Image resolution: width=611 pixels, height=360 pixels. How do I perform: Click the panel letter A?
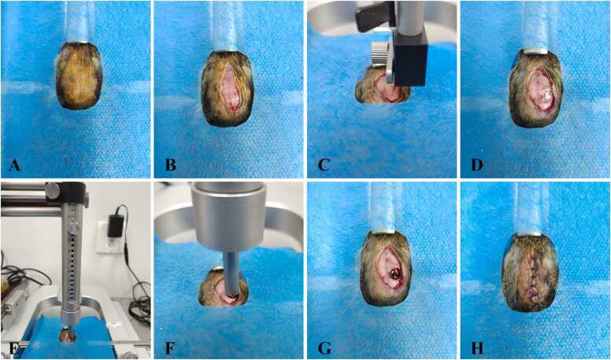14,165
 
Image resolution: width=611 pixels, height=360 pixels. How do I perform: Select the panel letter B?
170,165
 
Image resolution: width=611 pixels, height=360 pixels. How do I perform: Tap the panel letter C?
324,165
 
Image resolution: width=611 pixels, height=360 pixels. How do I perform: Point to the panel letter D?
477,165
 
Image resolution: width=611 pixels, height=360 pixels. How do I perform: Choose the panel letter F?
170,348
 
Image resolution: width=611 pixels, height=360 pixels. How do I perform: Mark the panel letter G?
324,348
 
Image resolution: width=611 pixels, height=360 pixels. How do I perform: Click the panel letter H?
477,348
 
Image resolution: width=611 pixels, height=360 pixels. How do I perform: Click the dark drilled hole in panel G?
394,275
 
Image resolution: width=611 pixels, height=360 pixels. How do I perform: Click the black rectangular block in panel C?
411,62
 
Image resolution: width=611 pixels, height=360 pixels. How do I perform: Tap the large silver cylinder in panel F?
231,216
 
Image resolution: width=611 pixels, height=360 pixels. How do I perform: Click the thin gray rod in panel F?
230,277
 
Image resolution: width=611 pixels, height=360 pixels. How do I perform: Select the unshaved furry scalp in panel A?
79,76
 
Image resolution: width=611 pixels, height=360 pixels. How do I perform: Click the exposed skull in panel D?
539,89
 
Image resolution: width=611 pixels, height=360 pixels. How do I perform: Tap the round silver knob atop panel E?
52,191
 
